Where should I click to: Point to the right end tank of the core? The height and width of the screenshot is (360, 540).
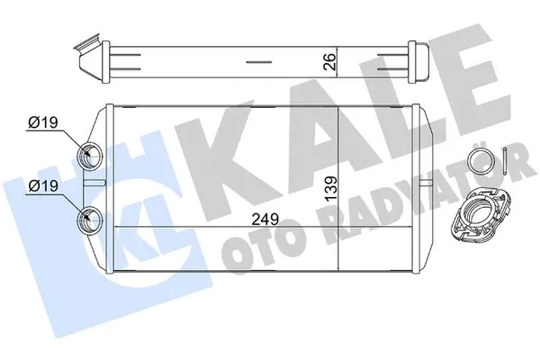coord(420,190)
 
